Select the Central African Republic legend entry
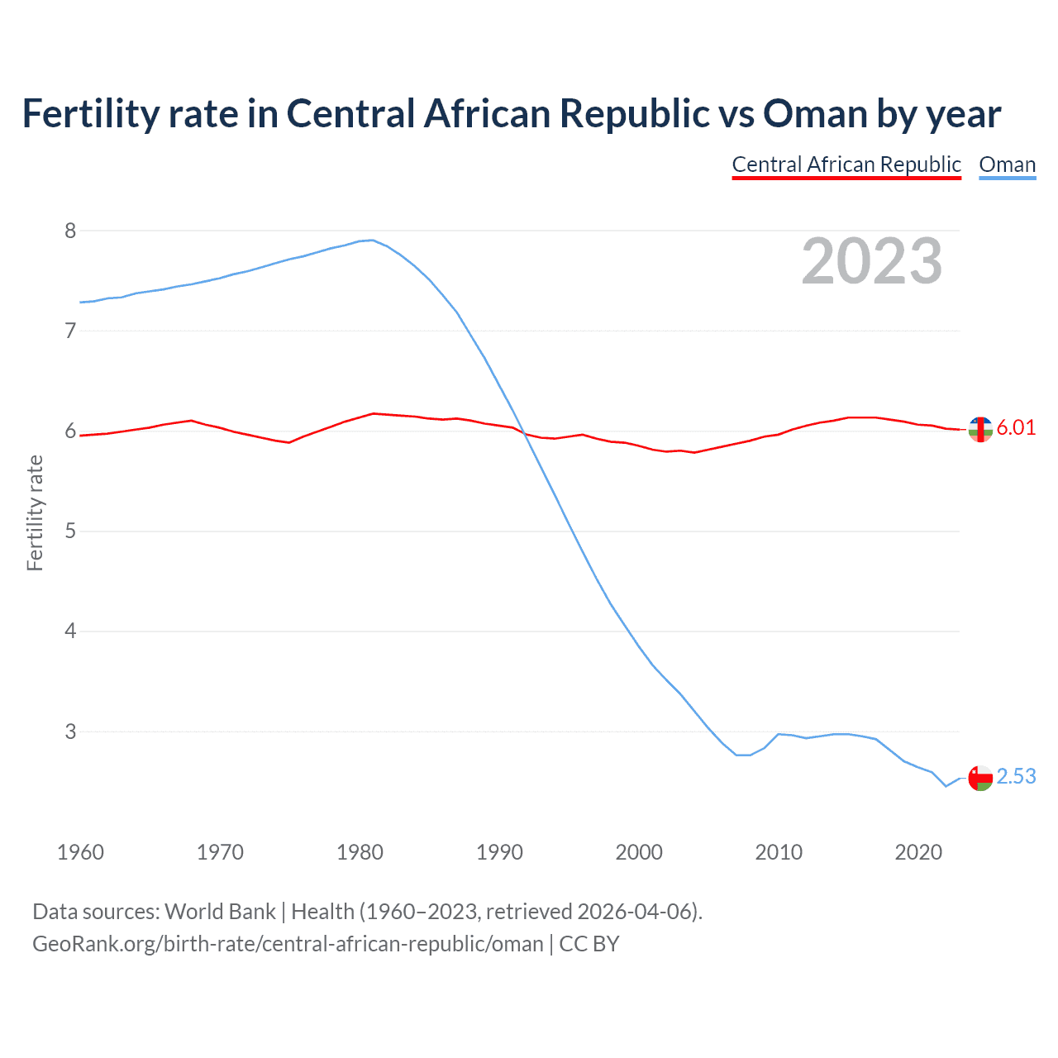[846, 164]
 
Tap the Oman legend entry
[1007, 164]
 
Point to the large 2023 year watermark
[871, 261]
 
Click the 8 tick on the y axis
[70, 231]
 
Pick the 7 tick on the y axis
[70, 331]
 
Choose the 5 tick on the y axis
[70, 531]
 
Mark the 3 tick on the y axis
[70, 732]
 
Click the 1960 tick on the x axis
[80, 852]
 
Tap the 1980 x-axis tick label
[360, 852]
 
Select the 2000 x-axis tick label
[639, 852]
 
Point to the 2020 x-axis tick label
[918, 852]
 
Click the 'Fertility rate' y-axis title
[35, 512]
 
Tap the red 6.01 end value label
[1016, 427]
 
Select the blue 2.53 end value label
[1016, 776]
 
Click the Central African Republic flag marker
[980, 430]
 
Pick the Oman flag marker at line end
[980, 778]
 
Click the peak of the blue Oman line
[372, 240]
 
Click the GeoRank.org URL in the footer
[288, 944]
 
